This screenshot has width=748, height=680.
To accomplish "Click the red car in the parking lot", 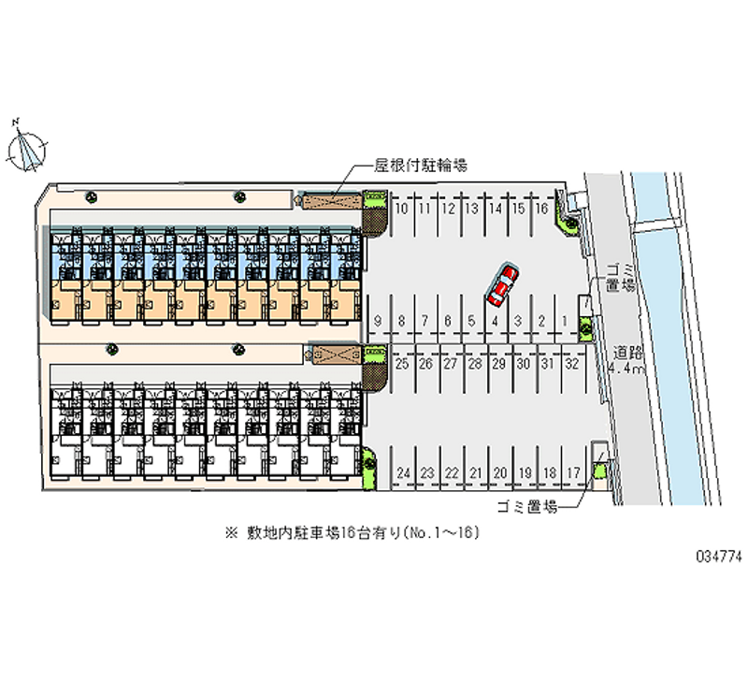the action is coord(501,285).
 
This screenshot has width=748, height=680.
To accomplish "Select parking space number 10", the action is coord(400,209).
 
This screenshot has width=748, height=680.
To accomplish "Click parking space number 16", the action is coord(540,209).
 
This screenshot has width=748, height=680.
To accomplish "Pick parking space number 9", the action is coord(377,321).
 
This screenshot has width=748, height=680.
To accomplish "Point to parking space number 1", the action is coord(565,321).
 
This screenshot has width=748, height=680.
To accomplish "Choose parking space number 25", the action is coord(401,363).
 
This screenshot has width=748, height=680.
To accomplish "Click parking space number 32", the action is coord(572,363).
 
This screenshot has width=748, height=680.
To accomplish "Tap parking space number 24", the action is coord(404,473).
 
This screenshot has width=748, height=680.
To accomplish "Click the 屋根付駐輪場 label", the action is coord(421,166).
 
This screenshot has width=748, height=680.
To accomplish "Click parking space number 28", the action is coord(475,363).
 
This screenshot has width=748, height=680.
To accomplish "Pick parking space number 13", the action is coord(472,209).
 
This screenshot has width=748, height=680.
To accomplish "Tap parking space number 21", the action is coord(476,473).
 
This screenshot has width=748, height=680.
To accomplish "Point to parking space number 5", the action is coord(471,321).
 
